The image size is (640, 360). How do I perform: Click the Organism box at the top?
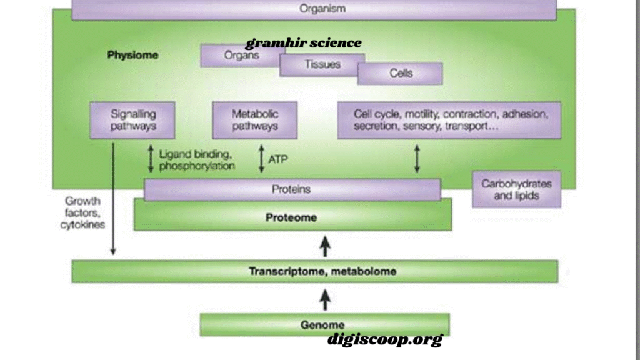(314, 9)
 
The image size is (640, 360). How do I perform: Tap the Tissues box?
(322, 64)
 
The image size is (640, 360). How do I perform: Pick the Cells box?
(400, 74)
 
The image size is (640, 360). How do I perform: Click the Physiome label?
(132, 55)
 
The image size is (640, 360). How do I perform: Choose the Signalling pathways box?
(132, 120)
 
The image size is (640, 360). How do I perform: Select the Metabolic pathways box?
(255, 120)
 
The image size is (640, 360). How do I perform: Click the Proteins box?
(292, 189)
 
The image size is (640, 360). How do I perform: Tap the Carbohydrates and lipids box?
(516, 189)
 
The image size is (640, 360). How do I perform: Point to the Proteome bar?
(292, 217)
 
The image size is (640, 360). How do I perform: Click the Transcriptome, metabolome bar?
(315, 271)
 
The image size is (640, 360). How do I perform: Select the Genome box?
(324, 325)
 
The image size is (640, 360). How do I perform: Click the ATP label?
(278, 159)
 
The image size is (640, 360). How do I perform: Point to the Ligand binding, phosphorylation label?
(197, 160)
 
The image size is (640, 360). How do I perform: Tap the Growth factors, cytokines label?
(83, 212)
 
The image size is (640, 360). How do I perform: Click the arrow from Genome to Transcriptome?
(325, 300)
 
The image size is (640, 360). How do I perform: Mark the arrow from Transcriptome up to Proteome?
(325, 246)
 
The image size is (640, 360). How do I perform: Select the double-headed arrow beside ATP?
(262, 158)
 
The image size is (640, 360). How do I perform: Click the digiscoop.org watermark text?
(385, 339)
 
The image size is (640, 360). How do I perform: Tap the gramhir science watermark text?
(304, 43)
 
